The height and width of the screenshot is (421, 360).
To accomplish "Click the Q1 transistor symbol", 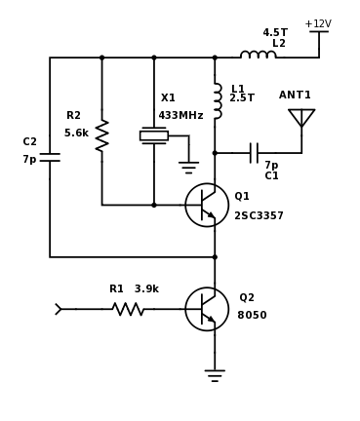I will [207, 205].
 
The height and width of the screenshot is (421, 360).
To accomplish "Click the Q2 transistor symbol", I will [207, 309].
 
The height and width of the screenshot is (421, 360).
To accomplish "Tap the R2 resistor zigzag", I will [101, 135].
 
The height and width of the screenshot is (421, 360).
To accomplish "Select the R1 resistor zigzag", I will [128, 309].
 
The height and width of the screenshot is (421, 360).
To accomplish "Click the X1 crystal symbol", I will [154, 135].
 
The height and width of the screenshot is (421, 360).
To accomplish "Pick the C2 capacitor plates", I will [50, 156].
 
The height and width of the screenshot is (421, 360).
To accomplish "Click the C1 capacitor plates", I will [254, 153].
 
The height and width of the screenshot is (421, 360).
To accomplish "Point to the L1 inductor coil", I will [217, 100].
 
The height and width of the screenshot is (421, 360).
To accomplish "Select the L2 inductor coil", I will [258, 56].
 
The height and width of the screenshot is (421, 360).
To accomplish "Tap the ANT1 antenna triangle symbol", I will [301, 117].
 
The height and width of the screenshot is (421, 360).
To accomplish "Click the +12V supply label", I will [318, 24].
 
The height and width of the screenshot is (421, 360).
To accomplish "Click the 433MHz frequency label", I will [180, 116].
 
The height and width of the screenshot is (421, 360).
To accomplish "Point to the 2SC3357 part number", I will [259, 216].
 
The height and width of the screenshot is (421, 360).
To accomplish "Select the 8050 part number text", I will [252, 316].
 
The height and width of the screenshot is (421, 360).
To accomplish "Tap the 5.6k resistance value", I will [76, 134].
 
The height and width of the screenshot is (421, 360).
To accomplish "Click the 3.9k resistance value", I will [146, 289].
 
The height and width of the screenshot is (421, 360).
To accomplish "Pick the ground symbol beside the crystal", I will [188, 167].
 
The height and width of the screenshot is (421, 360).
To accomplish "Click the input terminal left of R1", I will [59, 309].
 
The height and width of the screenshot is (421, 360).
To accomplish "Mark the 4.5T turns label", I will [275, 33].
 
